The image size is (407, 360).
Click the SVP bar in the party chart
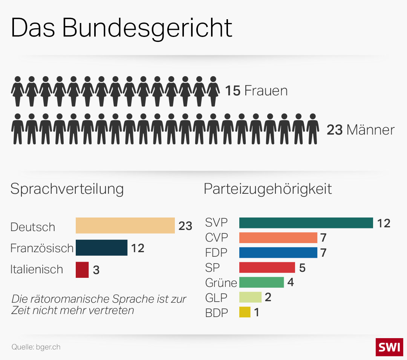tap(306, 223)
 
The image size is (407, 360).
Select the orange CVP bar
tap(278, 237)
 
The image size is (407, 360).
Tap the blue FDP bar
tap(278, 253)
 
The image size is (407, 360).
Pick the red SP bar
tap(267, 267)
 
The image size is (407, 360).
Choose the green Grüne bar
tap(261, 282)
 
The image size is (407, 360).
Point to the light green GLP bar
tap(250, 297)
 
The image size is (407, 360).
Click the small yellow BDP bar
tap(245, 312)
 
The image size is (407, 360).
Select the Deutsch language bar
tap(125, 225)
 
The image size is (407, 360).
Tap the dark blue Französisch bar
tap(101, 248)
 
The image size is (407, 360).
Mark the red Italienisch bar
tap(82, 270)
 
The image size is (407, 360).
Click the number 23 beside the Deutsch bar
tap(185, 226)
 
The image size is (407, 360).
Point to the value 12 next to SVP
tap(384, 223)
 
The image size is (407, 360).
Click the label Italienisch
tap(37, 270)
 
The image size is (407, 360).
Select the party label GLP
tap(216, 298)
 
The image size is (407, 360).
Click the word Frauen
tap(266, 91)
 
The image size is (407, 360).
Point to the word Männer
tap(370, 130)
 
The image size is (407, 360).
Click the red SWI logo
tap(389, 347)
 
